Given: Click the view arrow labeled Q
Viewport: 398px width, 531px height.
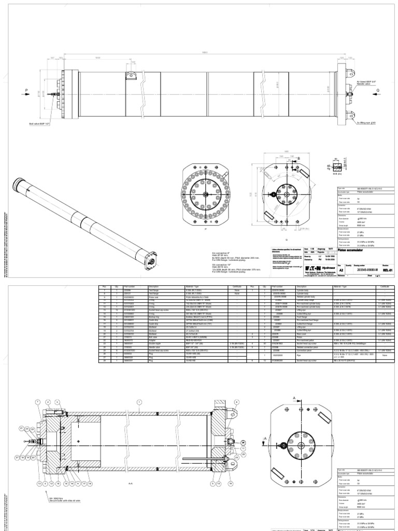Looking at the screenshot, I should pyautogui.click(x=377, y=89).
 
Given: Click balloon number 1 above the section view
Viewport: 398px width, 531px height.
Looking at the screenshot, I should pyautogui.click(x=139, y=402).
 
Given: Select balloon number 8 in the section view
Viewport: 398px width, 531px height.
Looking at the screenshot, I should pyautogui.click(x=237, y=402).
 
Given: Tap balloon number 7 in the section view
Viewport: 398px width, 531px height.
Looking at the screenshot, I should pyautogui.click(x=37, y=402).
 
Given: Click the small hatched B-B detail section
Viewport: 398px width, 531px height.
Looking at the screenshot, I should pyautogui.click(x=336, y=166).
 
